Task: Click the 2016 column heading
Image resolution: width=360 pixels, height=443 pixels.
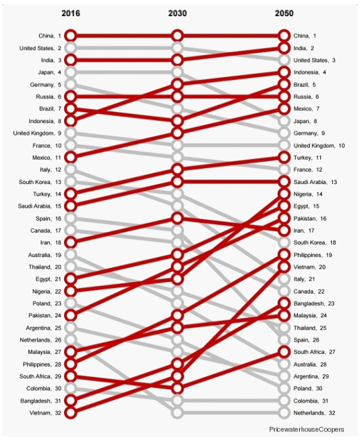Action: tap(70, 13)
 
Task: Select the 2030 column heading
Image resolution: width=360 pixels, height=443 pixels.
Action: tap(177, 13)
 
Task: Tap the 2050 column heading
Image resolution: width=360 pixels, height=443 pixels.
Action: tap(284, 13)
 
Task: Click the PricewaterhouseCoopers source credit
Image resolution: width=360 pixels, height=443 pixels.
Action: tap(307, 430)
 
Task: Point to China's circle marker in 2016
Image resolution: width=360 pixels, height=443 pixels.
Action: tap(70, 36)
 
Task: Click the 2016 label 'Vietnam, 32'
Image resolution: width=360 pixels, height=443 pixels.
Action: tap(45, 413)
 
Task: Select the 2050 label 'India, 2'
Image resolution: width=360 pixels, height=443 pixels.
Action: tap(304, 48)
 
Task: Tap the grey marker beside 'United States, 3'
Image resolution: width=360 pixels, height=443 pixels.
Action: tap(284, 60)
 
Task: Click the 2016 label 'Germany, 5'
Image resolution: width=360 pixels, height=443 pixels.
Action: tap(45, 85)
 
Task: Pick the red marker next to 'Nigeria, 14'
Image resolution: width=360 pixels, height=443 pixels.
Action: tap(284, 194)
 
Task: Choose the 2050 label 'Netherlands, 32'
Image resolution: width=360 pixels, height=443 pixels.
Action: tap(315, 413)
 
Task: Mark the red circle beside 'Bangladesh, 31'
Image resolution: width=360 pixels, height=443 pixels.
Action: tap(70, 401)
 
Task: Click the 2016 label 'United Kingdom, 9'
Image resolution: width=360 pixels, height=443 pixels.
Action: tap(37, 133)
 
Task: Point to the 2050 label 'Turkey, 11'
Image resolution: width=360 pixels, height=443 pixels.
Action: tap(307, 157)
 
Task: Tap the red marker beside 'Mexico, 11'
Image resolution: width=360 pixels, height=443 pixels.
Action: tap(70, 157)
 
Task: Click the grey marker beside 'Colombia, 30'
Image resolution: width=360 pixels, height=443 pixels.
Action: tap(70, 389)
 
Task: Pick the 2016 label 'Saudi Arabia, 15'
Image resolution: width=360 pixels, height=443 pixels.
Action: tap(40, 206)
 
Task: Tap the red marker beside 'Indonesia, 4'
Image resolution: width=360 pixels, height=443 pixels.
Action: tap(284, 72)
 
